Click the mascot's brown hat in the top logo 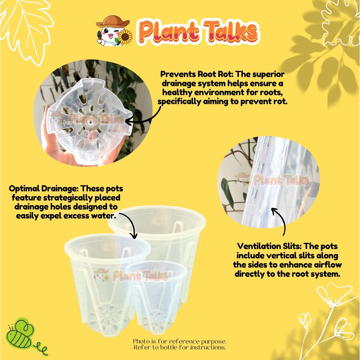coord(113,21)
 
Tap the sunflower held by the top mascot coord(125,37)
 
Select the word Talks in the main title coord(231,32)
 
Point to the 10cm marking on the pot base coord(66,122)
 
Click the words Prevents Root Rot coord(196,74)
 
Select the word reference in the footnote coord(185,341)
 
